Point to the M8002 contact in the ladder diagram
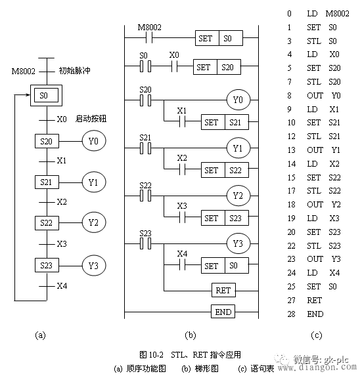point(150,38)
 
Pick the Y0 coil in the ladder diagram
point(238,100)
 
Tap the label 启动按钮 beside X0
point(91,119)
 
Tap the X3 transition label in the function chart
point(61,244)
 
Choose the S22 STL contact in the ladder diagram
point(145,195)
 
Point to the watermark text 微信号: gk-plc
point(320,359)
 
